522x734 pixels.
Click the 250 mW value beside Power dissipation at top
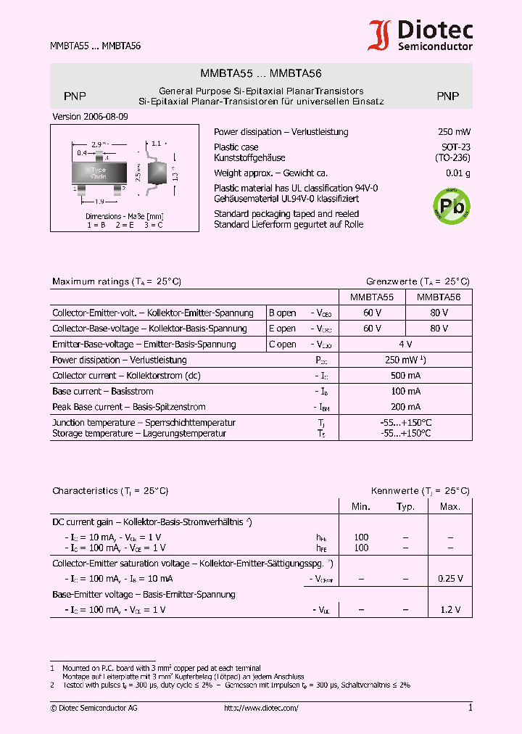pyautogui.click(x=454, y=132)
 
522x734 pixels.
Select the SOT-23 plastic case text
pyautogui.click(x=456, y=147)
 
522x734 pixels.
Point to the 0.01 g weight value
pyautogui.click(x=457, y=173)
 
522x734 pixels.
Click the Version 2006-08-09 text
pyautogui.click(x=91, y=117)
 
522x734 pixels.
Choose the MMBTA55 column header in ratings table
pyautogui.click(x=372, y=297)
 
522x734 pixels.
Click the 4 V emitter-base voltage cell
pyautogui.click(x=405, y=345)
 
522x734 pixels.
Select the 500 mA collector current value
pyautogui.click(x=405, y=376)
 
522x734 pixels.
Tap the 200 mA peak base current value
pyautogui.click(x=405, y=407)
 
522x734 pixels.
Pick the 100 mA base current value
pyautogui.click(x=405, y=392)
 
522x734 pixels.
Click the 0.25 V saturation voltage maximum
pyautogui.click(x=450, y=579)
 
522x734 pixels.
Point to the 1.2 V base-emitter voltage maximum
pyautogui.click(x=451, y=610)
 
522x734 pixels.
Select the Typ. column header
pyautogui.click(x=405, y=507)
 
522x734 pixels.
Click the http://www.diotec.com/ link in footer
pyautogui.click(x=261, y=708)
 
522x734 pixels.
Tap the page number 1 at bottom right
pyautogui.click(x=470, y=708)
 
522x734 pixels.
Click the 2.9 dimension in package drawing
pyautogui.click(x=96, y=145)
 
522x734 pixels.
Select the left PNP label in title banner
pyautogui.click(x=75, y=96)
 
